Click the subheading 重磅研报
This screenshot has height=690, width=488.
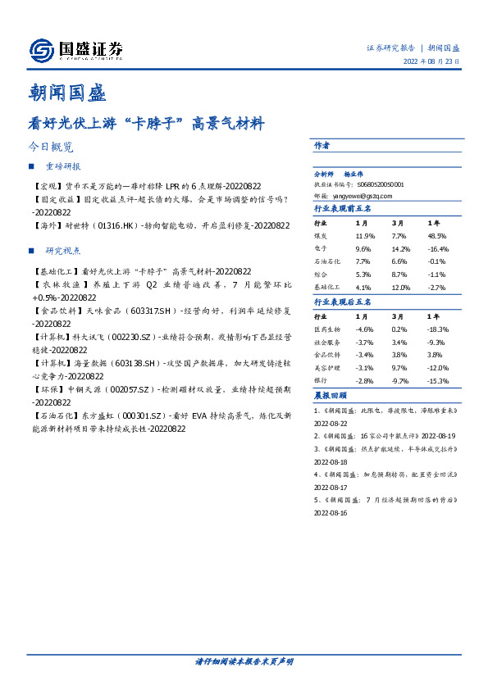(63, 167)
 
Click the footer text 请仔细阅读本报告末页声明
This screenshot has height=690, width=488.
(244, 661)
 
